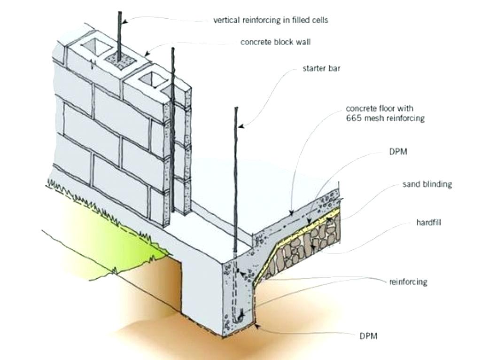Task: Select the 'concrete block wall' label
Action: click(275, 42)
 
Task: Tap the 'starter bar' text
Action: click(321, 68)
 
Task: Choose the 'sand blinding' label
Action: click(427, 184)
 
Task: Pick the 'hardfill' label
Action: click(428, 222)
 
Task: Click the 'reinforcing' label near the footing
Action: click(408, 282)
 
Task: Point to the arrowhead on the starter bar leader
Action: click(241, 126)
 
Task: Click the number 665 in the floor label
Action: click(353, 118)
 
